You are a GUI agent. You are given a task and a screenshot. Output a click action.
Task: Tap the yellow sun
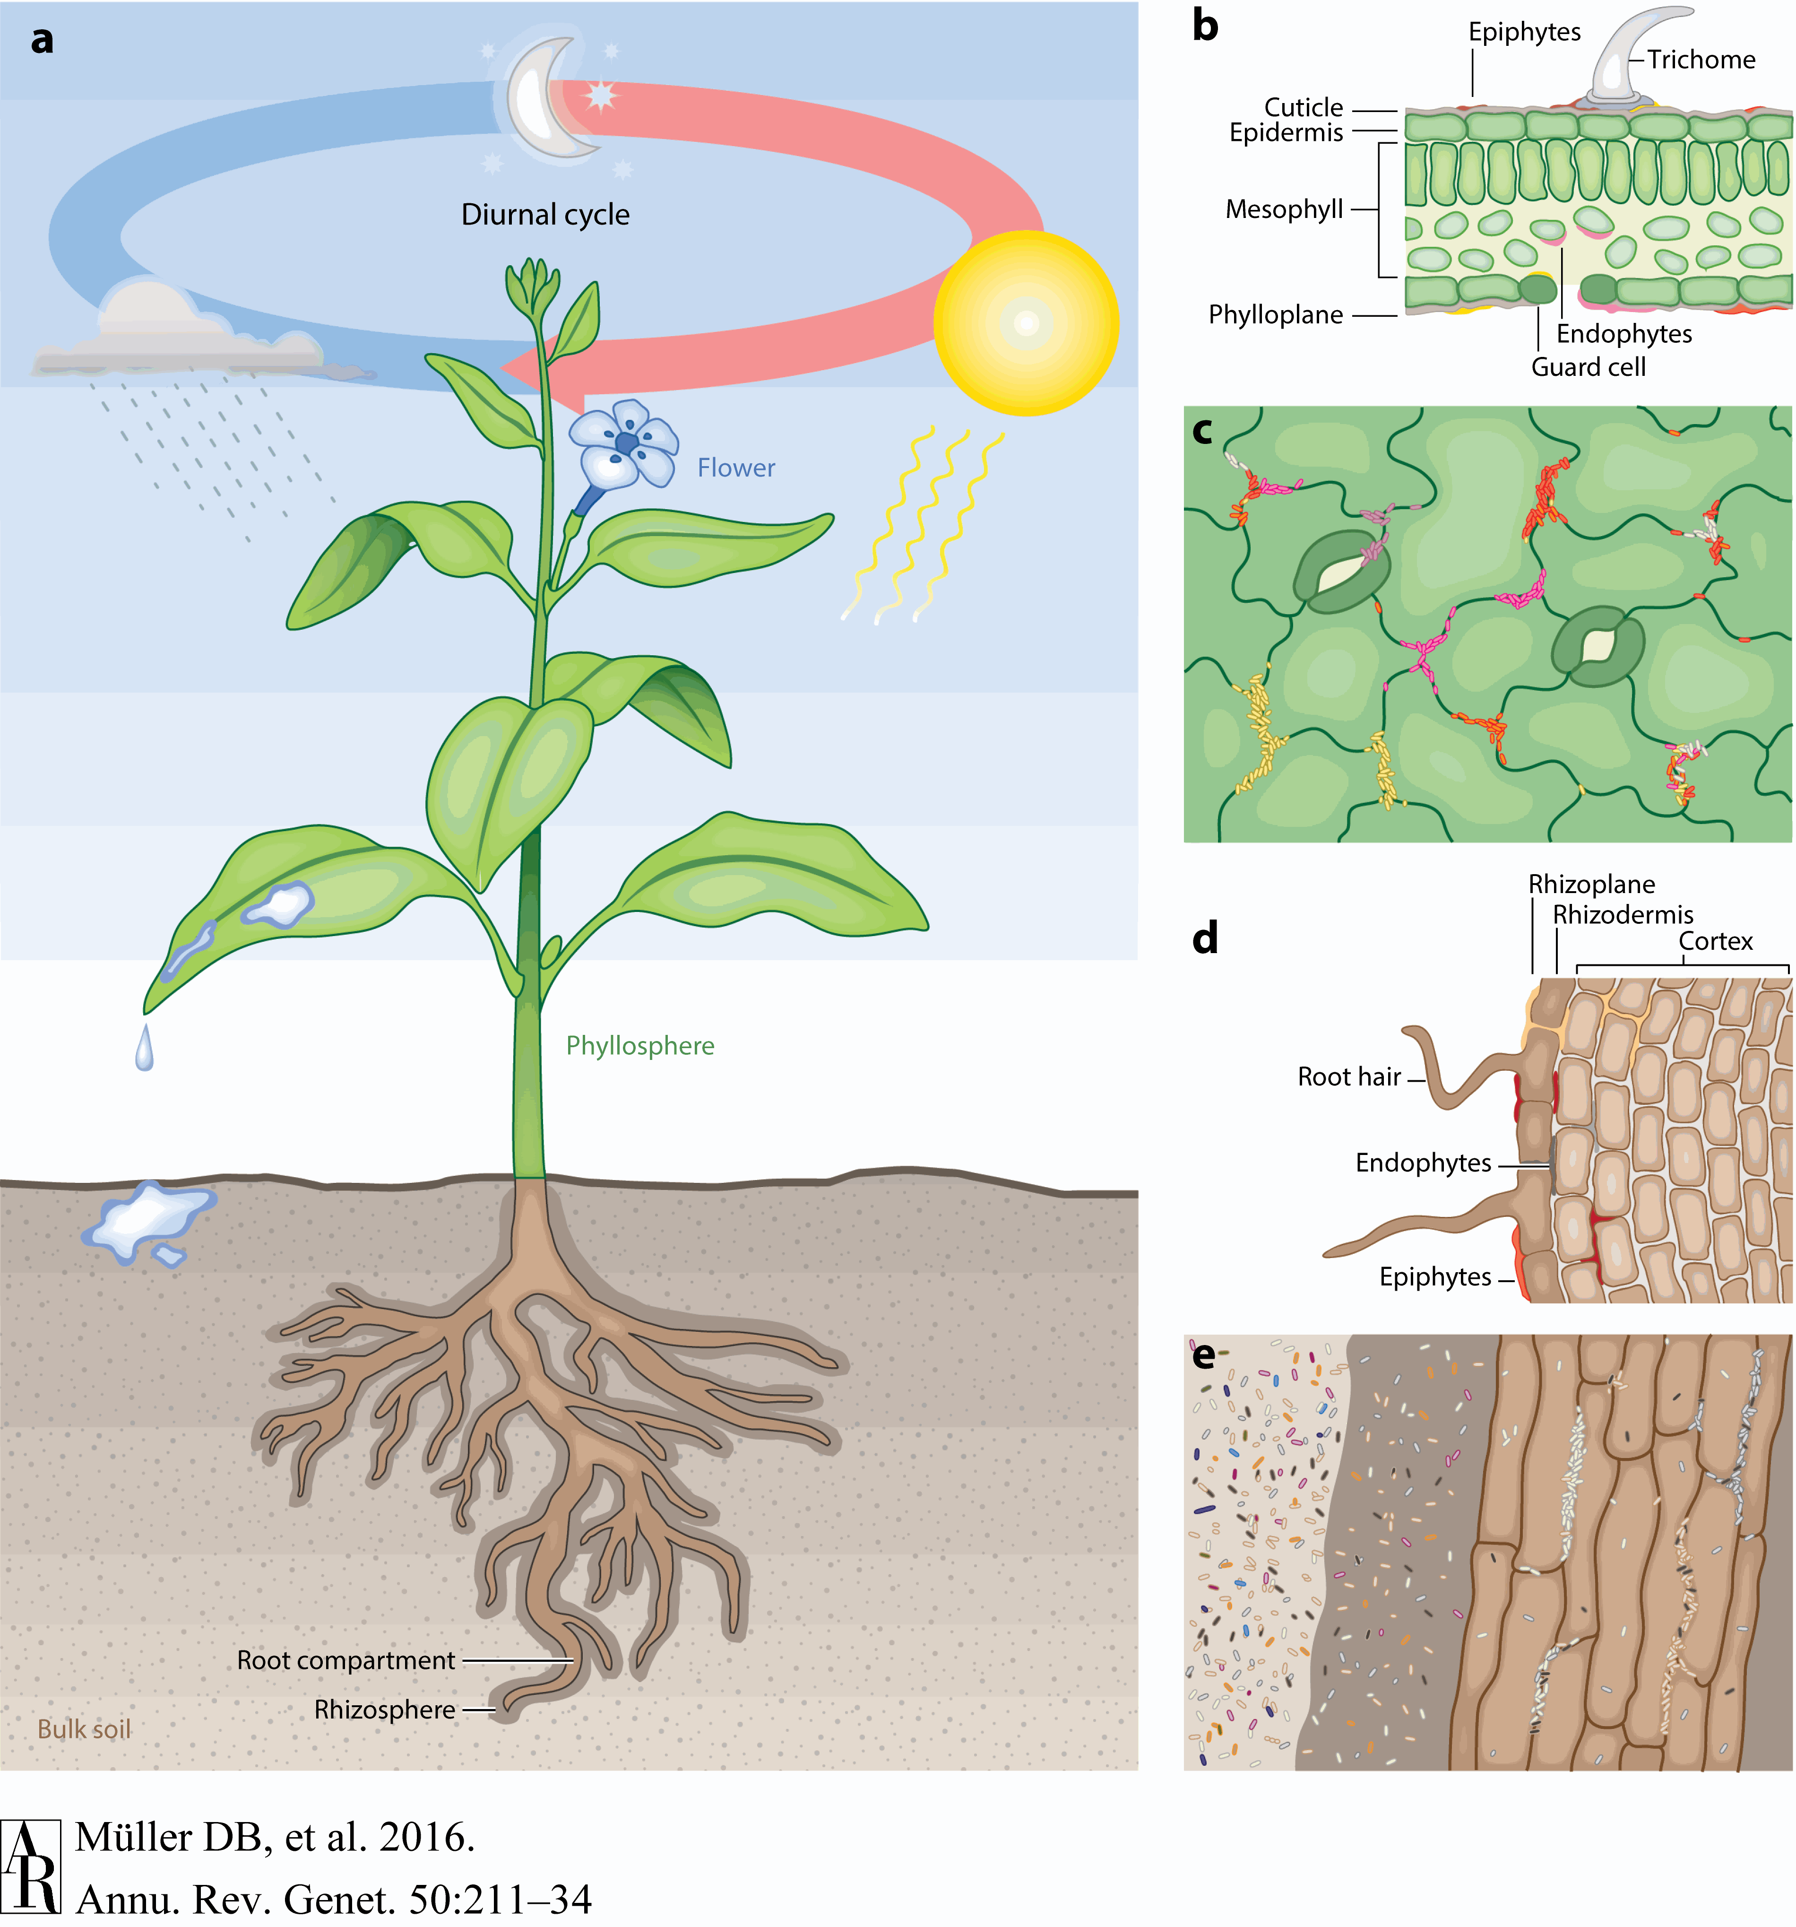pyautogui.click(x=1026, y=323)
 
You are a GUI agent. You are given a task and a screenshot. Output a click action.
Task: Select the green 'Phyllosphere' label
pyautogui.click(x=639, y=1046)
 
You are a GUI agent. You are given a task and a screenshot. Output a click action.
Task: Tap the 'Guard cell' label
pyautogui.click(x=1588, y=367)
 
